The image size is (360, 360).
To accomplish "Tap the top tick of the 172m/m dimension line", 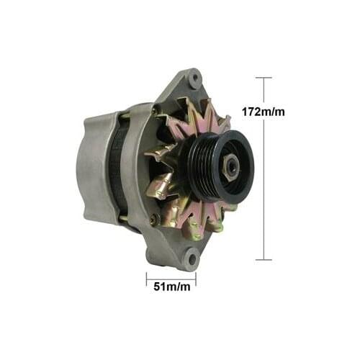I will [264, 78].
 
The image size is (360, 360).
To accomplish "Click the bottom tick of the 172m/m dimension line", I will [264, 259].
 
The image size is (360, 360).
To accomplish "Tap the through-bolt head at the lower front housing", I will [153, 219].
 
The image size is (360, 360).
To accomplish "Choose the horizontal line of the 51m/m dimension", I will [171, 276].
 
